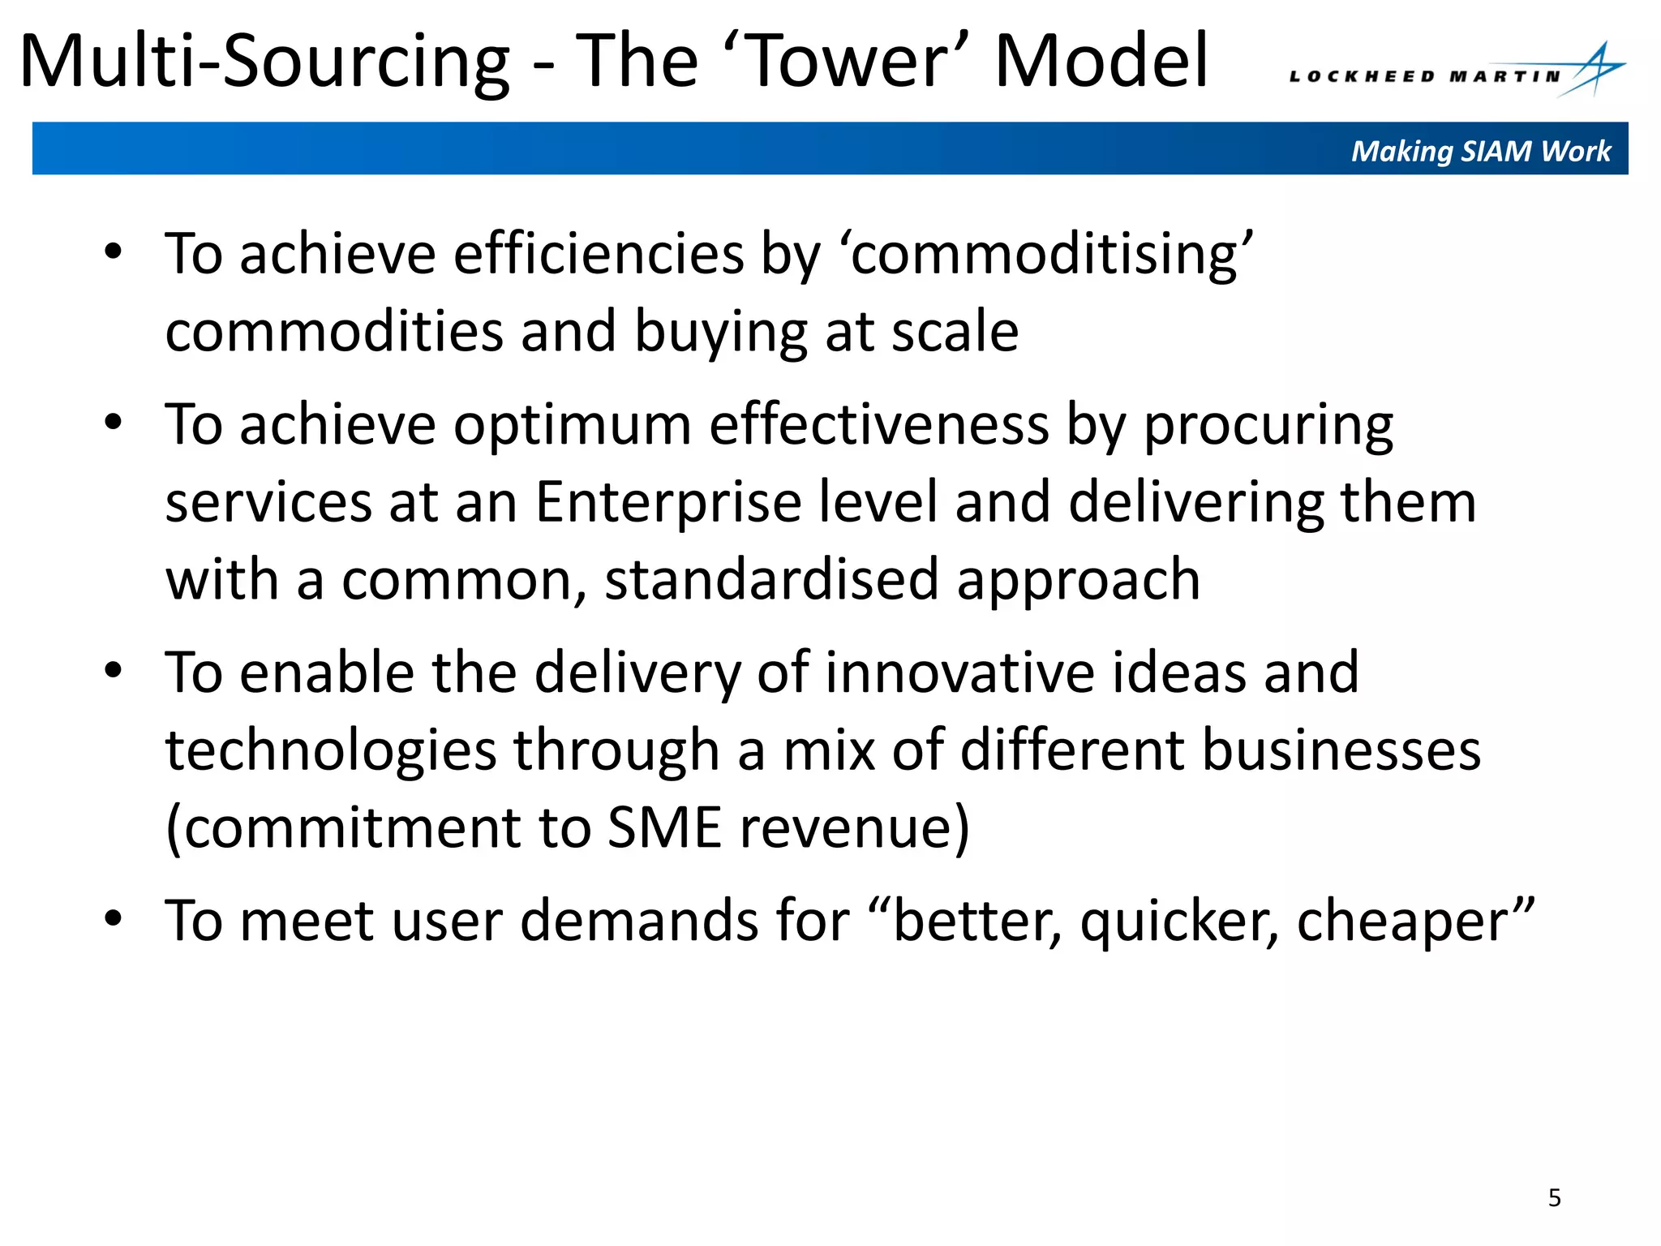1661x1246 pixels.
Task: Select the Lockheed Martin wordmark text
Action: [1424, 77]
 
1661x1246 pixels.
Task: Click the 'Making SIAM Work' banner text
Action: [1480, 151]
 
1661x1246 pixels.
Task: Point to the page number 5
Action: [1554, 1197]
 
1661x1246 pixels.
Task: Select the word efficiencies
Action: [598, 254]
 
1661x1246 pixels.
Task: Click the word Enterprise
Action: [668, 502]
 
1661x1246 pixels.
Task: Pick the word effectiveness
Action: [879, 424]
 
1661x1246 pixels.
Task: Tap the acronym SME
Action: [664, 827]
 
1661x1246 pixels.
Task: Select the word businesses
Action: [1341, 750]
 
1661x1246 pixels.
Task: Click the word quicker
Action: [1179, 922]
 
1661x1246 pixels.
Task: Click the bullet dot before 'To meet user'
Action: [113, 919]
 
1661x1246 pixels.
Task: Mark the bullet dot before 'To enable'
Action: [113, 671]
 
